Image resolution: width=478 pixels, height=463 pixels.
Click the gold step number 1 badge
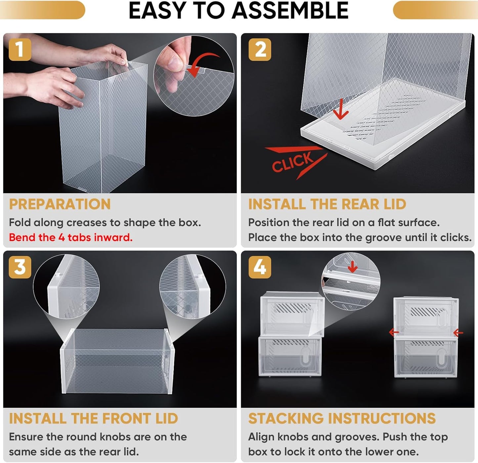tap(20, 50)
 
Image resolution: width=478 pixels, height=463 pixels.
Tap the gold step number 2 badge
tap(260, 50)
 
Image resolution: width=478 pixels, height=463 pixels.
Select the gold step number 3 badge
tap(20, 267)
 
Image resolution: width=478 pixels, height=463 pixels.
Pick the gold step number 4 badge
tap(260, 267)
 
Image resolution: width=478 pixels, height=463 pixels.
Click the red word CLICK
tap(292, 162)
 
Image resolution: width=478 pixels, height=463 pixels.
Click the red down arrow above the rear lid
tap(340, 110)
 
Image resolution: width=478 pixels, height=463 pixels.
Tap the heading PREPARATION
tap(60, 204)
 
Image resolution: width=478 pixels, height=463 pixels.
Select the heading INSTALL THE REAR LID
tap(327, 204)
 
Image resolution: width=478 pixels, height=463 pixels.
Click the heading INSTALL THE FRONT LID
tap(94, 418)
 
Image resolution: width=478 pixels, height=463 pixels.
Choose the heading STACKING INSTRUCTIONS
tap(342, 418)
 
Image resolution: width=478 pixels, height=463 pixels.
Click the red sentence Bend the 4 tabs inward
tap(71, 237)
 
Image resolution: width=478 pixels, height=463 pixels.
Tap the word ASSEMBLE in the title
tap(290, 11)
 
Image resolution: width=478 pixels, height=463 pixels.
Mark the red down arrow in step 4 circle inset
tap(353, 266)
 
